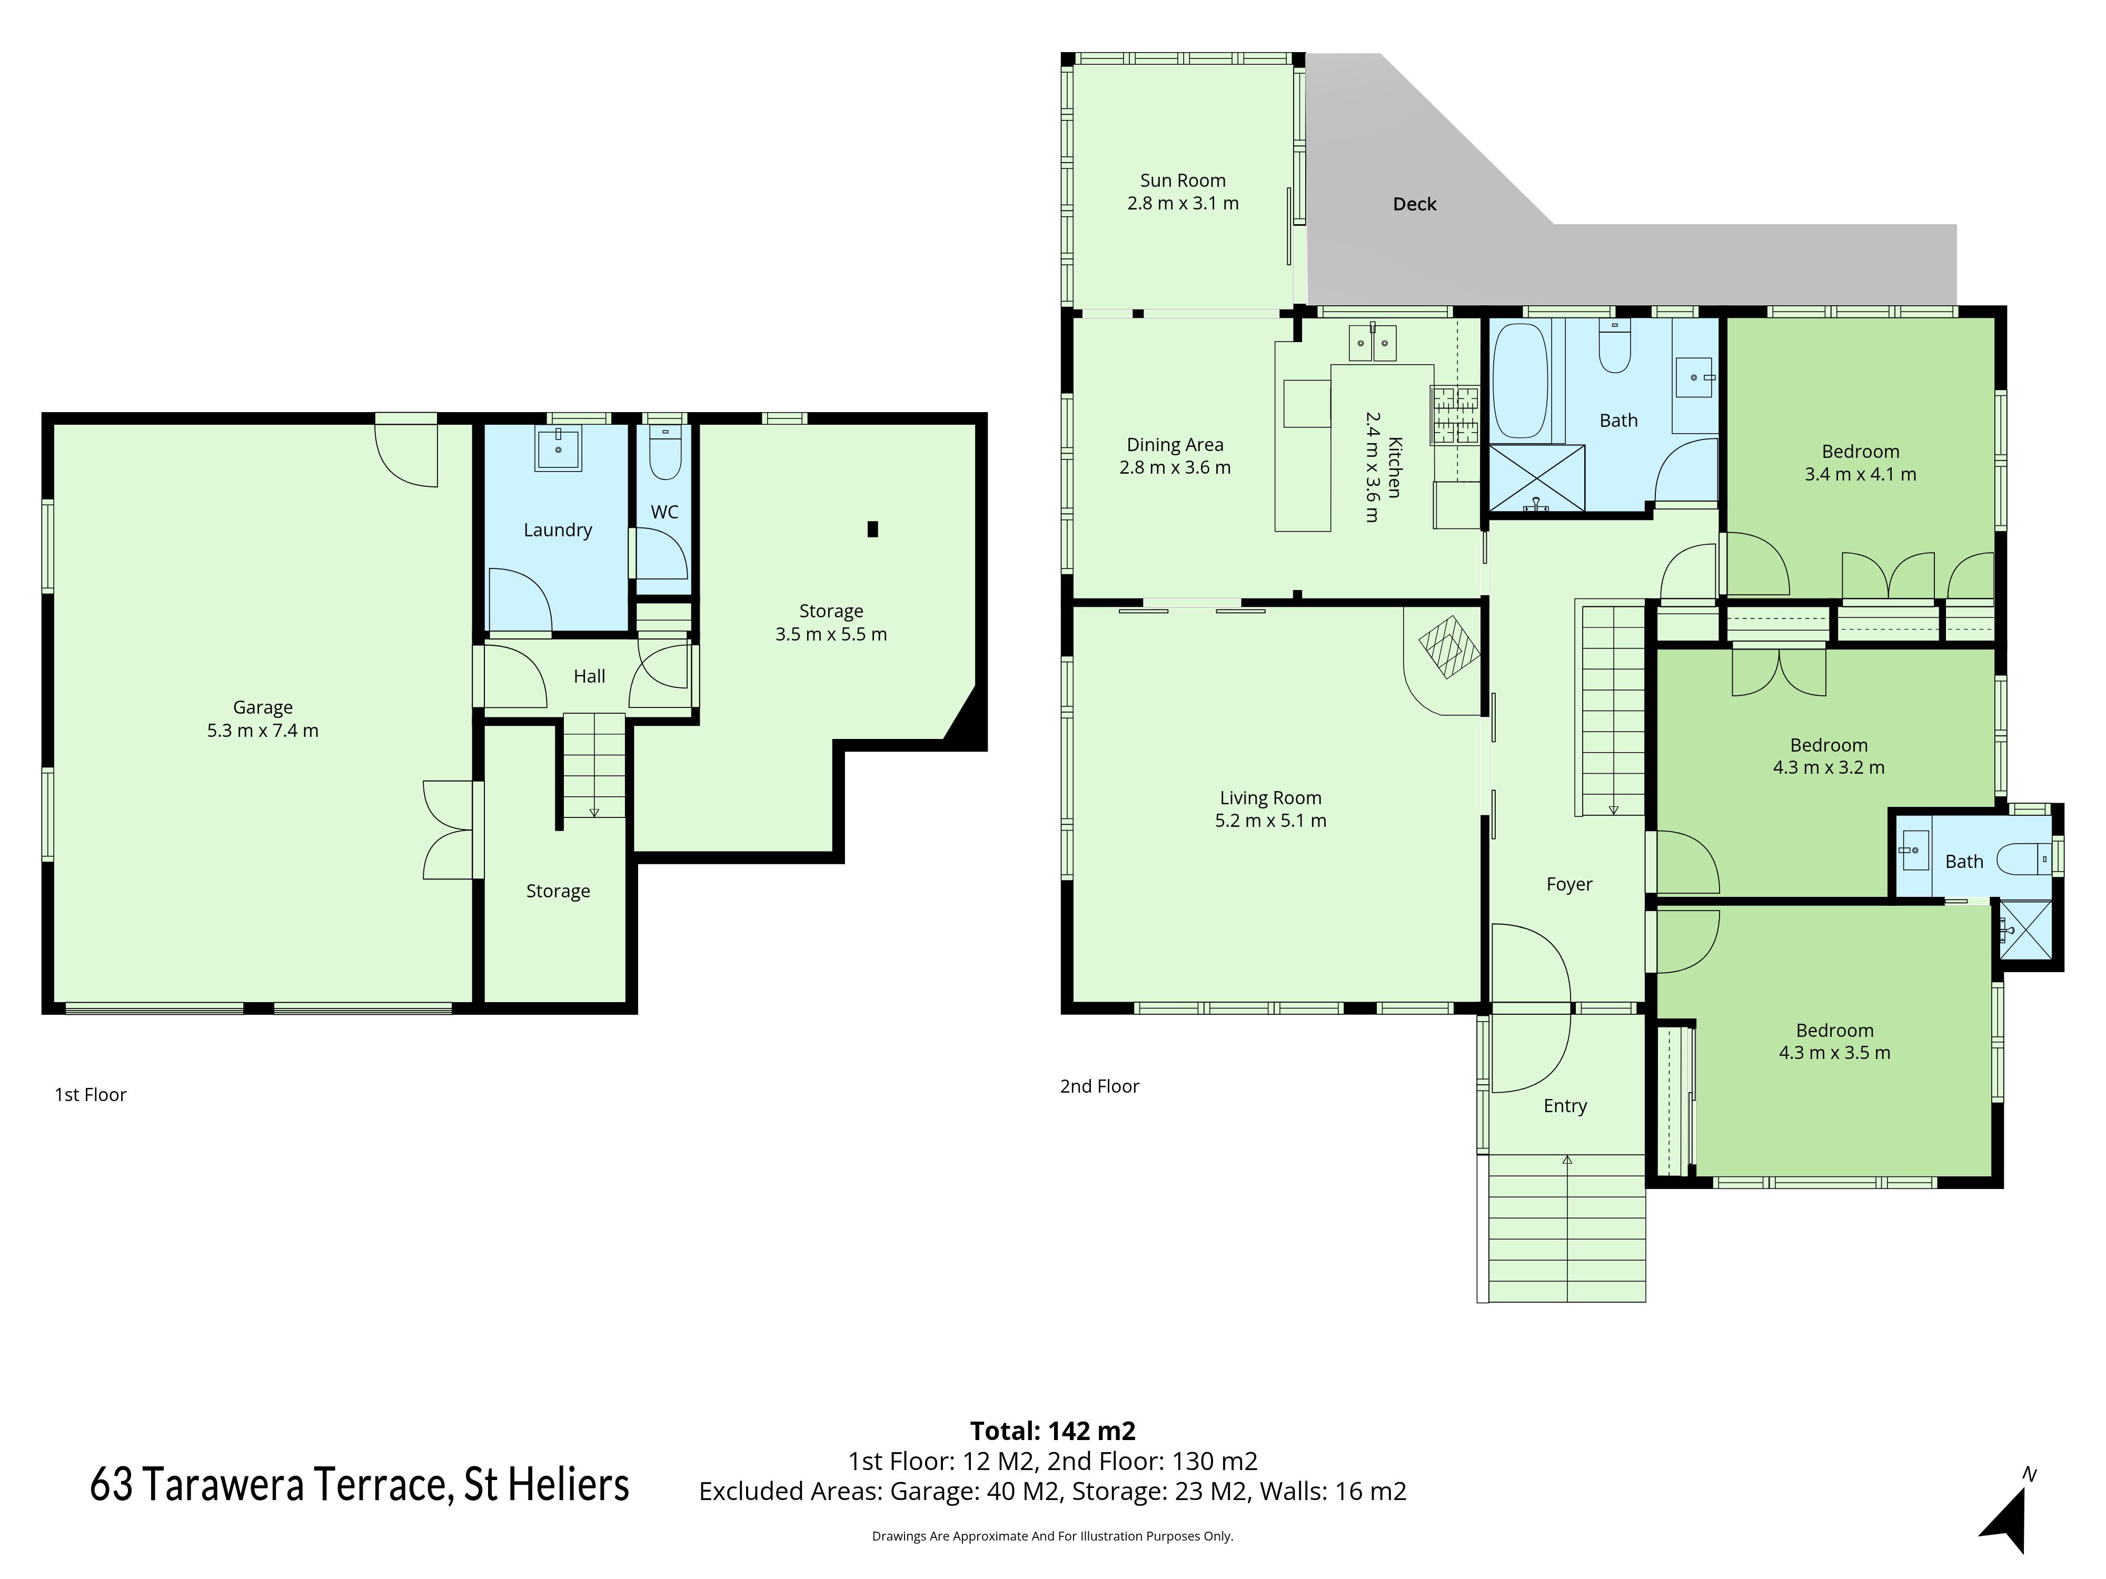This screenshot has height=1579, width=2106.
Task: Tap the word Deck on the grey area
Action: (1414, 204)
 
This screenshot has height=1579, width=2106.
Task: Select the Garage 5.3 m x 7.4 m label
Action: (263, 718)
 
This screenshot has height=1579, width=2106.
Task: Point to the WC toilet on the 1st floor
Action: (664, 454)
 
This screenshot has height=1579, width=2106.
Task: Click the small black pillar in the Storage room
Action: (872, 529)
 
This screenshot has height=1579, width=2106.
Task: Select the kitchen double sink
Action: (1372, 343)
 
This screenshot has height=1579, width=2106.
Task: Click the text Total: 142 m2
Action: (1052, 1431)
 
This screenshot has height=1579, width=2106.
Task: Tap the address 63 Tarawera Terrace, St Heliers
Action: (360, 1485)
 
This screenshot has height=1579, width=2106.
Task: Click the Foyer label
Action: (1569, 884)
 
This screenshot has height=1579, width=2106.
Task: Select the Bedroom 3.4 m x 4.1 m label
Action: (1860, 463)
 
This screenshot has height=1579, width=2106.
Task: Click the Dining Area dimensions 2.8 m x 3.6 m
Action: (1175, 467)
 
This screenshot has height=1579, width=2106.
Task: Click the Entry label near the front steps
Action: (1565, 1106)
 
